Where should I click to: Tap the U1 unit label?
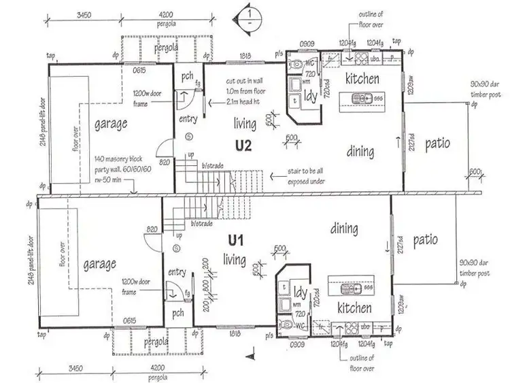(x=236, y=239)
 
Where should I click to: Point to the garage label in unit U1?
(x=99, y=263)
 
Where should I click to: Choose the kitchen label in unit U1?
(x=354, y=308)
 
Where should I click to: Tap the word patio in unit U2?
(x=436, y=144)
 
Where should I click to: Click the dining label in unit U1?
(x=345, y=229)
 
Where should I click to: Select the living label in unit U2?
(x=245, y=124)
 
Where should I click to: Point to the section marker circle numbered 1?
(x=250, y=14)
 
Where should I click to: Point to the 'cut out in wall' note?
(x=245, y=82)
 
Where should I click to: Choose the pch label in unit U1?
(x=178, y=314)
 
